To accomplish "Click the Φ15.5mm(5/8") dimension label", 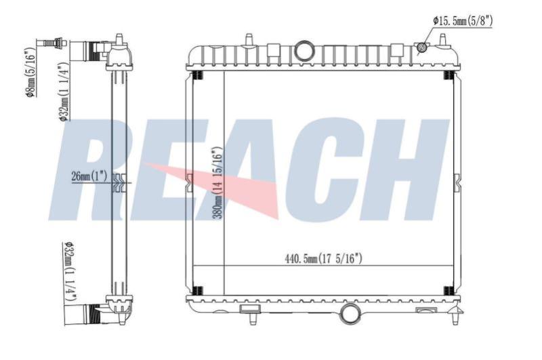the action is coord(463,22).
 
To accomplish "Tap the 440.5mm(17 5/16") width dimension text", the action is coord(324,258).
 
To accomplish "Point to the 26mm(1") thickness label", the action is coord(89,176).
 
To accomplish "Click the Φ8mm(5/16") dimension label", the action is coord(30,71).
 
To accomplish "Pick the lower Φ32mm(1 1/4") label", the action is coord(70,271).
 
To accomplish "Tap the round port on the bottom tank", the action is coord(350,314).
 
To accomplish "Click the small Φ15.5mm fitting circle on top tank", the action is coord(421,47).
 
